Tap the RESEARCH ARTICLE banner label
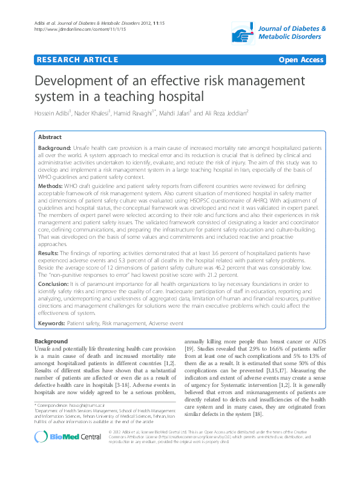point(77,60)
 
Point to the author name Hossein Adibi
point(53,113)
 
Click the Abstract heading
point(50,137)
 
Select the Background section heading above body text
point(51,342)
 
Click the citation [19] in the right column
point(189,349)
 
